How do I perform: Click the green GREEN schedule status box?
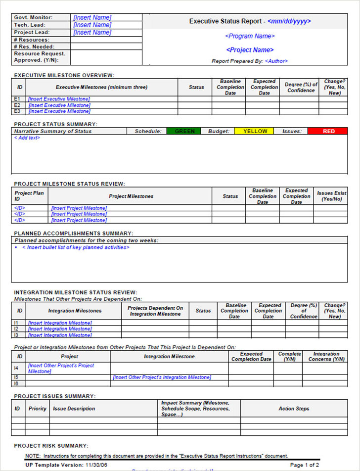click(185, 131)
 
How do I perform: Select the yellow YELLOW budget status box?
click(254, 131)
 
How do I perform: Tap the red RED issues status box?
click(328, 131)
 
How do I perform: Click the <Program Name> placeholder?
click(250, 36)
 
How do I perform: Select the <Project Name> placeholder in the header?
click(250, 50)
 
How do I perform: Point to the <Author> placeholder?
click(276, 61)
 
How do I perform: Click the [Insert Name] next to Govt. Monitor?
click(92, 17)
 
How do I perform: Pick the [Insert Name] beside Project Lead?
click(92, 33)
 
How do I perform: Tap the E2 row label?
click(17, 105)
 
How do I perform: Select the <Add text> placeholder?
click(27, 138)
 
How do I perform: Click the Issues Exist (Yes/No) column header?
click(331, 196)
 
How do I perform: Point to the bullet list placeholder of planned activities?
click(76, 247)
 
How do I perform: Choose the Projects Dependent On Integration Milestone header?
click(155, 311)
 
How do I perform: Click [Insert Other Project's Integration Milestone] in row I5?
click(162, 377)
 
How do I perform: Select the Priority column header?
click(38, 409)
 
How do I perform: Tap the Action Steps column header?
click(294, 409)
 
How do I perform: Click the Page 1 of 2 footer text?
click(304, 465)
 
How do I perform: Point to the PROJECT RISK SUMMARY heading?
click(51, 445)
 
